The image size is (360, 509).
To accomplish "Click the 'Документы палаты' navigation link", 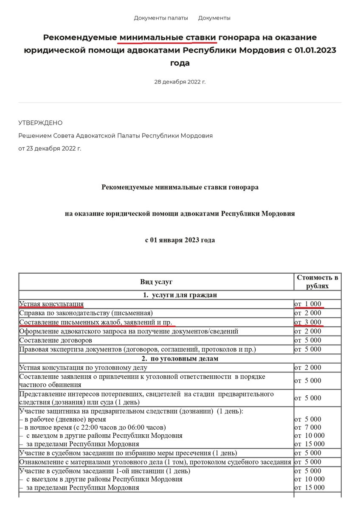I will pyautogui.click(x=161, y=18).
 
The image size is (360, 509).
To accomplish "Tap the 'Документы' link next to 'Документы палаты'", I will pyautogui.click(x=214, y=18).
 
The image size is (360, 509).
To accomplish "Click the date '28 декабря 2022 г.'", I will pyautogui.click(x=180, y=82).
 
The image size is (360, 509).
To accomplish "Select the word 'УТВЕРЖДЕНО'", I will pyautogui.click(x=40, y=123).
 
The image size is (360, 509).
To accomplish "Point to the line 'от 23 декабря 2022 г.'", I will pyautogui.click(x=50, y=148).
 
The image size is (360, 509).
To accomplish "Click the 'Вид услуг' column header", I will pyautogui.click(x=156, y=282).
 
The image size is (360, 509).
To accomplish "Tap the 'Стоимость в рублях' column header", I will pyautogui.click(x=318, y=282).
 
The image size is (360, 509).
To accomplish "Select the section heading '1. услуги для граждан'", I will pyautogui.click(x=180, y=295).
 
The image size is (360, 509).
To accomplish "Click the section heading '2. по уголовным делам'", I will pyautogui.click(x=180, y=358).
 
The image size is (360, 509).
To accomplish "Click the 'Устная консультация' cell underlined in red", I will pyautogui.click(x=51, y=304).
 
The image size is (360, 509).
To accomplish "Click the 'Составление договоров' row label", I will pyautogui.click(x=56, y=340).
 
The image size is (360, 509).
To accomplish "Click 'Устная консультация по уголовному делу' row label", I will pyautogui.click(x=84, y=367).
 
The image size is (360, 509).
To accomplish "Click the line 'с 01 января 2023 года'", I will pyautogui.click(x=180, y=240).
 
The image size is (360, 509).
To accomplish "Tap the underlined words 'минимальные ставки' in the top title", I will pyautogui.click(x=169, y=38).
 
